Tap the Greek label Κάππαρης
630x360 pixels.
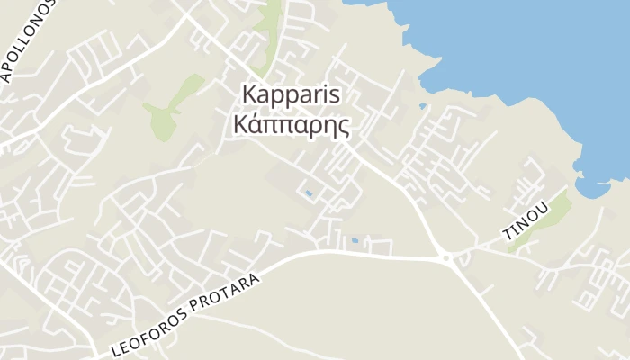(291, 124)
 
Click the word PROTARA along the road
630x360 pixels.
(230, 290)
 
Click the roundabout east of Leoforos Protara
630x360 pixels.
(446, 258)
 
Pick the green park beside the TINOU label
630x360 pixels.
(550, 216)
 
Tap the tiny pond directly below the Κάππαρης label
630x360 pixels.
(310, 193)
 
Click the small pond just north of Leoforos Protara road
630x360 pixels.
(355, 241)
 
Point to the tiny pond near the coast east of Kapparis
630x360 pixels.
(423, 106)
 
